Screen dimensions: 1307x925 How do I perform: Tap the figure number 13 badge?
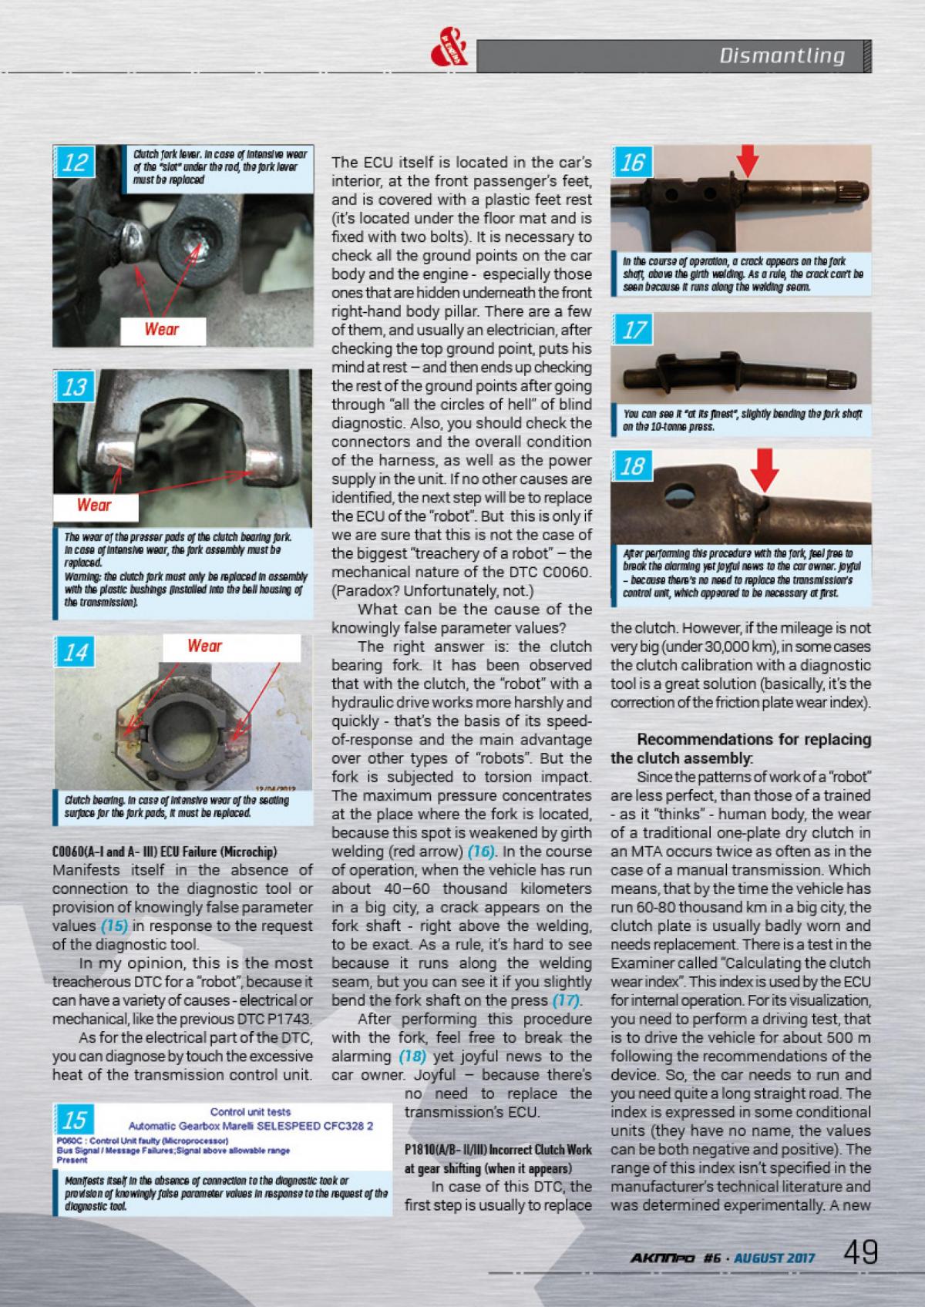[x=75, y=386]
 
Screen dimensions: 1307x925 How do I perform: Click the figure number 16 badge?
[x=631, y=163]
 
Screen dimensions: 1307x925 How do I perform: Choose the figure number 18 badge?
[x=632, y=466]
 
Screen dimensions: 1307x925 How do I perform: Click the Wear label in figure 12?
[x=162, y=330]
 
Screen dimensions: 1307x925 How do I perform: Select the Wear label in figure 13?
[x=94, y=506]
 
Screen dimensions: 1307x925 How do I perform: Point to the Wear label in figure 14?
[x=204, y=646]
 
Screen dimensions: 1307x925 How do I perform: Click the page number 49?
[x=860, y=1252]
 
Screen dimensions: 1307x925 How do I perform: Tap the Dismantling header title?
[x=782, y=55]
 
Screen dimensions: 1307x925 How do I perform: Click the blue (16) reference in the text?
[x=483, y=852]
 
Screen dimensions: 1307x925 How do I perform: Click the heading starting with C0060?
[x=164, y=852]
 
